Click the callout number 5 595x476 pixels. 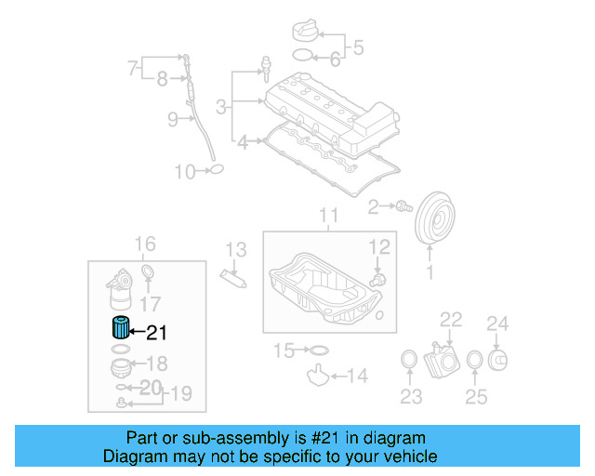[x=358, y=46]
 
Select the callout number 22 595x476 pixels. [x=451, y=320]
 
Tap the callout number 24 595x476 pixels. [x=498, y=324]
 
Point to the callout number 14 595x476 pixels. [x=356, y=377]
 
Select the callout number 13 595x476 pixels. [x=236, y=249]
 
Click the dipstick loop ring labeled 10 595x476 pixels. [x=215, y=170]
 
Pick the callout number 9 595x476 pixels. [x=173, y=119]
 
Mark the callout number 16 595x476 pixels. [x=145, y=245]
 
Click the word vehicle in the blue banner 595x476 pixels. [x=407, y=456]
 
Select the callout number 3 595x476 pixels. [x=221, y=108]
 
